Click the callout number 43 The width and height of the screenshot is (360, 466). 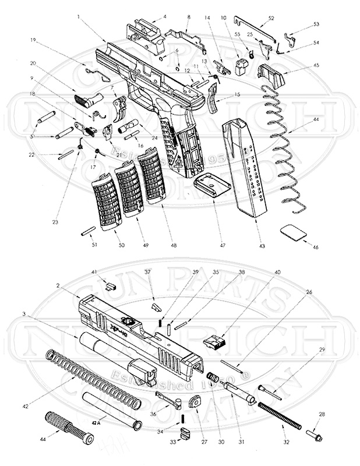262,246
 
